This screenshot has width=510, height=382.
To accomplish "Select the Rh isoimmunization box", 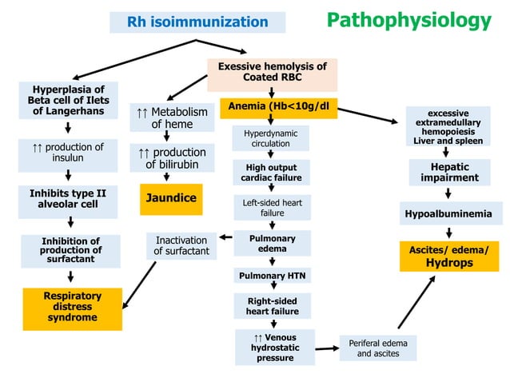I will click(197, 22).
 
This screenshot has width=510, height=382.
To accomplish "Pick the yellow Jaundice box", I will click(171, 198).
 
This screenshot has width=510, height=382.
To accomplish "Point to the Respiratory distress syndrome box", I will click(71, 307).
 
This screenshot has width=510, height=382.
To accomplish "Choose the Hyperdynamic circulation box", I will click(271, 137).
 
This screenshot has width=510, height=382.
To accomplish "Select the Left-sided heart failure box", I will click(272, 208).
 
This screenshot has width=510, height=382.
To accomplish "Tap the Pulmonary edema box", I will click(272, 244).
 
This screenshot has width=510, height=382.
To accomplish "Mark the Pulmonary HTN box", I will click(272, 276).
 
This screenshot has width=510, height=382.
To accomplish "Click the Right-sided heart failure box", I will click(272, 305).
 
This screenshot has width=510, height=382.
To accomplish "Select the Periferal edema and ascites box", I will click(378, 348).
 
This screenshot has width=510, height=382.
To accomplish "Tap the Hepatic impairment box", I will click(449, 173).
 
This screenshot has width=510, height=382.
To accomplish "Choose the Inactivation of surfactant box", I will click(181, 245).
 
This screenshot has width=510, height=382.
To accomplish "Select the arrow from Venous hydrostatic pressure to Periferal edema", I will click(325, 349).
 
